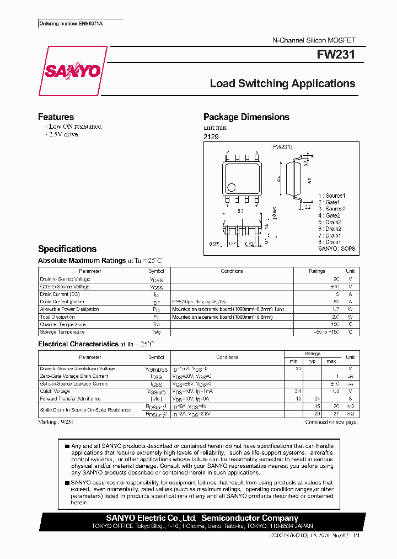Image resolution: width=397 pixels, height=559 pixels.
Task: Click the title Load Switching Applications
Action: tap(282, 84)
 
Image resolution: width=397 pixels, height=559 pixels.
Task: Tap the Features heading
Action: tap(56, 117)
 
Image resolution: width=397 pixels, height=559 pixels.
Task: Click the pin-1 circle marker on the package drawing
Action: tap(232, 187)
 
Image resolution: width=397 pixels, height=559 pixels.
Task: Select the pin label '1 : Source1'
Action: tap(331, 196)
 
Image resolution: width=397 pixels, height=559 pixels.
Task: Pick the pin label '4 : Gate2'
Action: tap(329, 215)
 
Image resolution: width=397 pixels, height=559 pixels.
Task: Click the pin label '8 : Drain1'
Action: tap(329, 242)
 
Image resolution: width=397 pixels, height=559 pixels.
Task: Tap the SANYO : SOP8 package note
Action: tap(336, 249)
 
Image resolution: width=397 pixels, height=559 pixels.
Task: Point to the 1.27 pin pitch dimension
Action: tap(232, 244)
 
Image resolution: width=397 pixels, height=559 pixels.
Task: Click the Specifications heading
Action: tap(67, 249)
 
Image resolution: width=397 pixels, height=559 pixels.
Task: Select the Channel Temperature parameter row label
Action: tap(62, 325)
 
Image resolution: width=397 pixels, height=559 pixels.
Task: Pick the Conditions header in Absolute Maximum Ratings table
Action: tap(232, 271)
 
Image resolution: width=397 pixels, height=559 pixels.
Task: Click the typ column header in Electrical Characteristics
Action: tap(313, 361)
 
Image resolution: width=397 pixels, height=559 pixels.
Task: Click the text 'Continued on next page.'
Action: tap(331, 422)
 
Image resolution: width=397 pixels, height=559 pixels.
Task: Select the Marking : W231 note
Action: tap(56, 422)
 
